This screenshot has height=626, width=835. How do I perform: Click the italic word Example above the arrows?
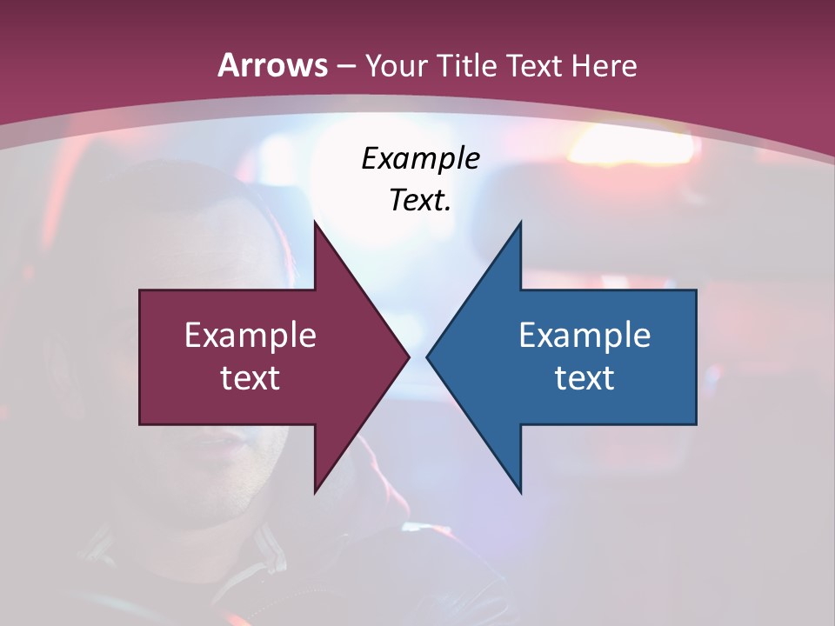[x=420, y=159]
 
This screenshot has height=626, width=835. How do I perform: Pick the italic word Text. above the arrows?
[x=420, y=200]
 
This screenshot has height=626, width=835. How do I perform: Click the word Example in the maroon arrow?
[x=250, y=336]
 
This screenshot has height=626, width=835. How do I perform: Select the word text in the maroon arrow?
[x=250, y=377]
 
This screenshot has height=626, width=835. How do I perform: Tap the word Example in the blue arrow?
[x=584, y=336]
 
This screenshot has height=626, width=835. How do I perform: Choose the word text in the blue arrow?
[x=584, y=377]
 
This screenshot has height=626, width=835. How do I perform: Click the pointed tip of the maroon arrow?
[x=408, y=356]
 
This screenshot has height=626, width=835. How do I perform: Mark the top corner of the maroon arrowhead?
[x=315, y=223]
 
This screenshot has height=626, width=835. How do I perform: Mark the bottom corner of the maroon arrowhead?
[x=315, y=491]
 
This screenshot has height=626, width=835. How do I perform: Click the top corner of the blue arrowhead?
[x=520, y=223]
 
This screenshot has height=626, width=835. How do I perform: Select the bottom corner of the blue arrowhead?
[x=520, y=491]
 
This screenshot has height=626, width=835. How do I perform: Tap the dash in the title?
[x=345, y=66]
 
